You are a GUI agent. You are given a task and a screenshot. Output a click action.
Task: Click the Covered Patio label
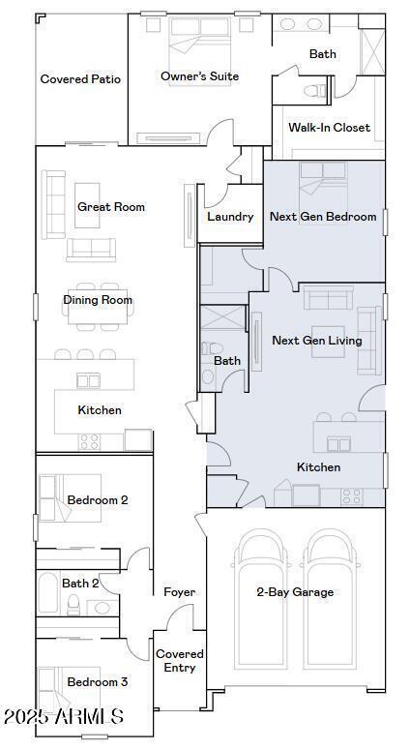point(80,79)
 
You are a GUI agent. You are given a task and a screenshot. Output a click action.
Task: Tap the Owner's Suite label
point(200,76)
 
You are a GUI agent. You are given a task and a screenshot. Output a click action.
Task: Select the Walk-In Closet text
point(329,127)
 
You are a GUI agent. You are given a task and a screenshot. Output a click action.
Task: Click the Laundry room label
point(230,217)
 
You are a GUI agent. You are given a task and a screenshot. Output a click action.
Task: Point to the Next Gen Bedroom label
point(323,217)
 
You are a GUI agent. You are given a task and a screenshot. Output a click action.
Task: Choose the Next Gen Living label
point(317,340)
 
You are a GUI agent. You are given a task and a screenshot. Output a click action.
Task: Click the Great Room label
point(111,207)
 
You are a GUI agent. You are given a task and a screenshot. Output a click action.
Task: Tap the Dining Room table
point(98,307)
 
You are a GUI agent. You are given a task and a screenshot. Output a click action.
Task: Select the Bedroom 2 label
point(98,500)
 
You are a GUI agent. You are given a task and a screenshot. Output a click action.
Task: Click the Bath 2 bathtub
point(48,592)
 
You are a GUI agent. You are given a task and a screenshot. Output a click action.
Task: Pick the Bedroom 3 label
point(98,682)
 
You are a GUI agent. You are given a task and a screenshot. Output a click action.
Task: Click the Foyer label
point(179,592)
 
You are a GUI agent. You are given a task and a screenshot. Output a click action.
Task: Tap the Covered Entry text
point(180,661)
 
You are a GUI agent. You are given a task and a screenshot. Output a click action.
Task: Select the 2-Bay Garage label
point(295,592)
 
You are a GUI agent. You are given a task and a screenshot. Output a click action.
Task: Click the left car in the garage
point(261,599)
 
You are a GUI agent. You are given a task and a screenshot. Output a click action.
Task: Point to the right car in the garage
point(330,599)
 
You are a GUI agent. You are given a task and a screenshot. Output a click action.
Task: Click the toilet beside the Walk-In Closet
point(314,90)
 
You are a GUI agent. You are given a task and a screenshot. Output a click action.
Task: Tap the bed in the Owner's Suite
point(200,51)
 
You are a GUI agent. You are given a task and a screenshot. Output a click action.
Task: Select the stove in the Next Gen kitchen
point(352,496)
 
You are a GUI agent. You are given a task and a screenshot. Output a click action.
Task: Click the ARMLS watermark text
point(64,716)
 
